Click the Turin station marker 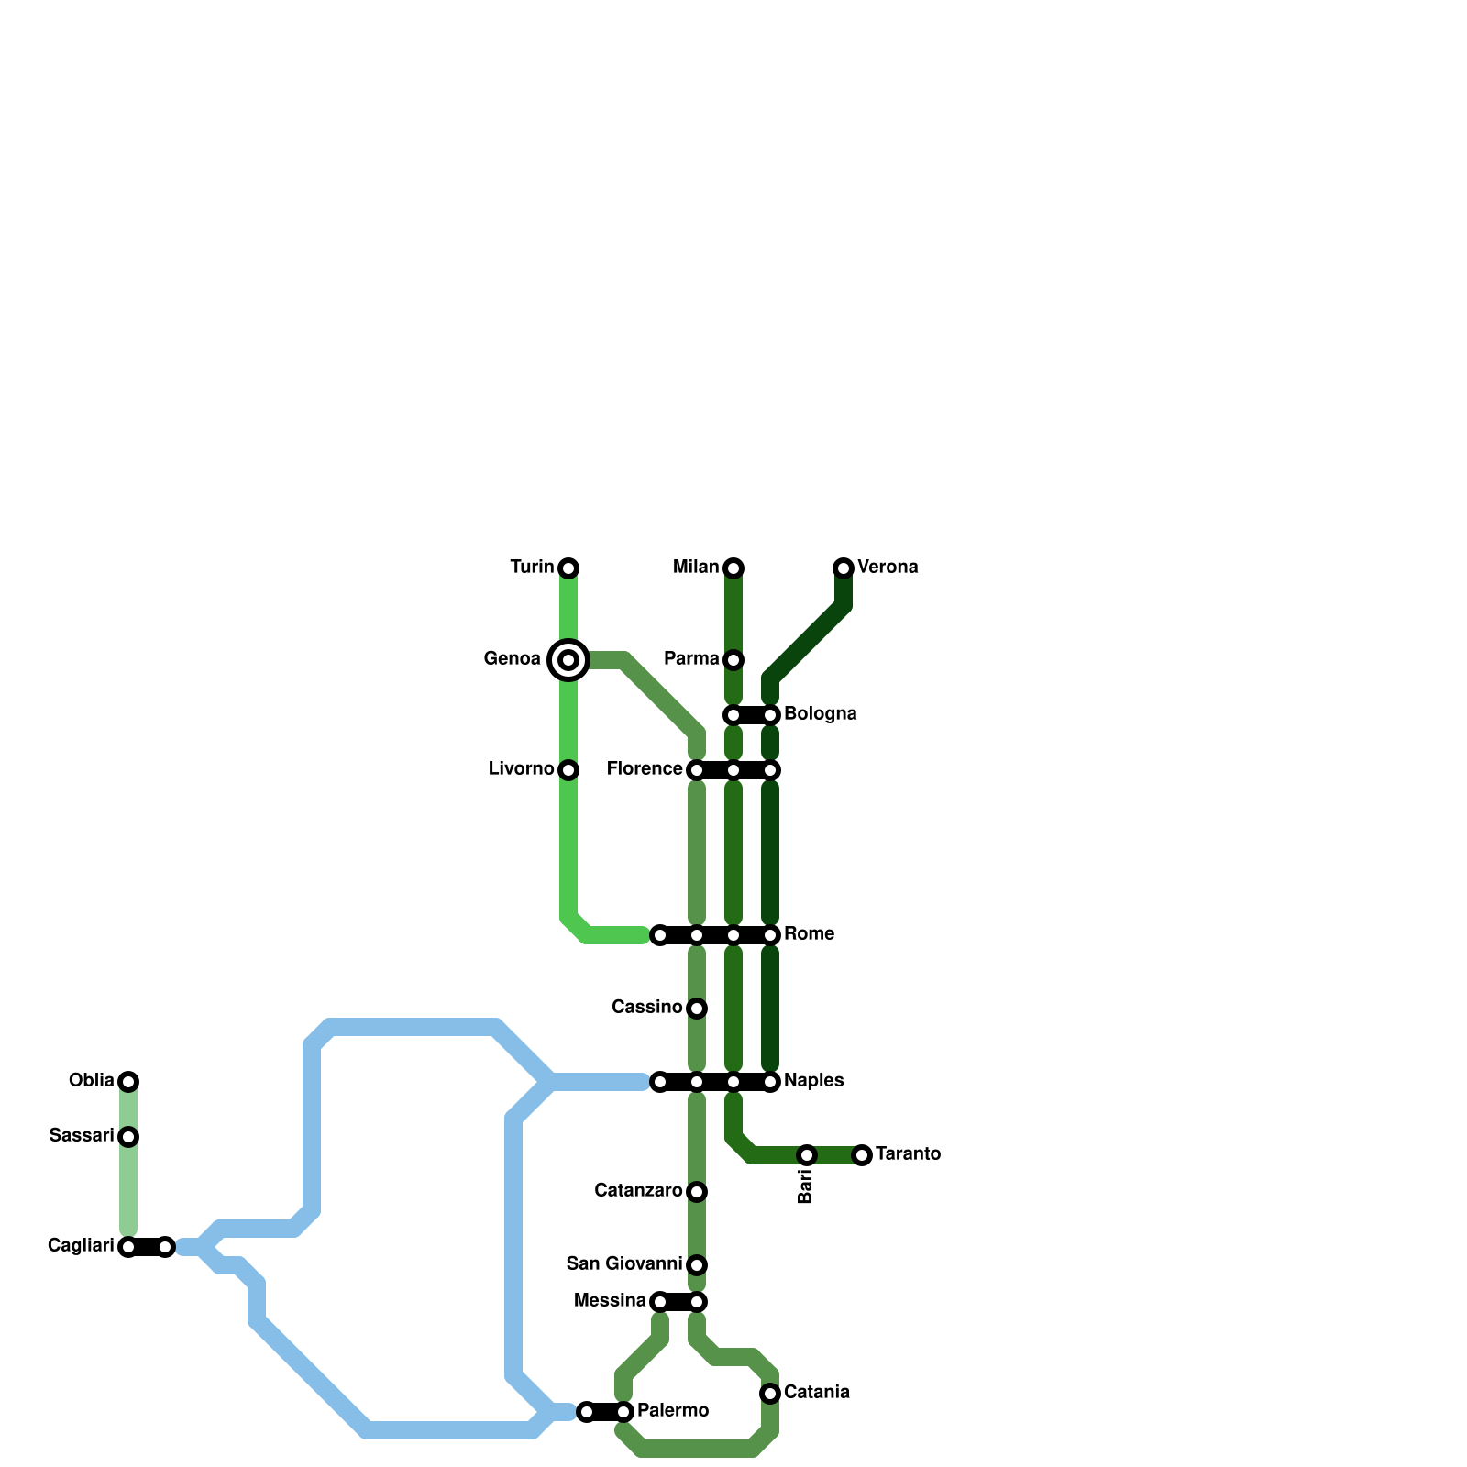tap(568, 568)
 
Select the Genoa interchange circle tap(568, 660)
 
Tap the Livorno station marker tap(568, 770)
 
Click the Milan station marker tap(733, 568)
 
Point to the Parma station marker tap(733, 660)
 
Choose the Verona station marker tap(844, 568)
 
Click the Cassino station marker tap(697, 1009)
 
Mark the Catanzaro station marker tap(697, 1192)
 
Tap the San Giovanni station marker tap(697, 1265)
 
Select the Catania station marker tap(770, 1394)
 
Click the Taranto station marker tap(862, 1155)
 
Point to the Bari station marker tap(807, 1155)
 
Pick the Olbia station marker tap(128, 1082)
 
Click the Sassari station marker tap(128, 1137)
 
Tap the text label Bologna tap(820, 714)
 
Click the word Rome tap(809, 934)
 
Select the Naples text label tap(813, 1081)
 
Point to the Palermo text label tap(672, 1410)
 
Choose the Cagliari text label tap(81, 1245)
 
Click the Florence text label tap(645, 768)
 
